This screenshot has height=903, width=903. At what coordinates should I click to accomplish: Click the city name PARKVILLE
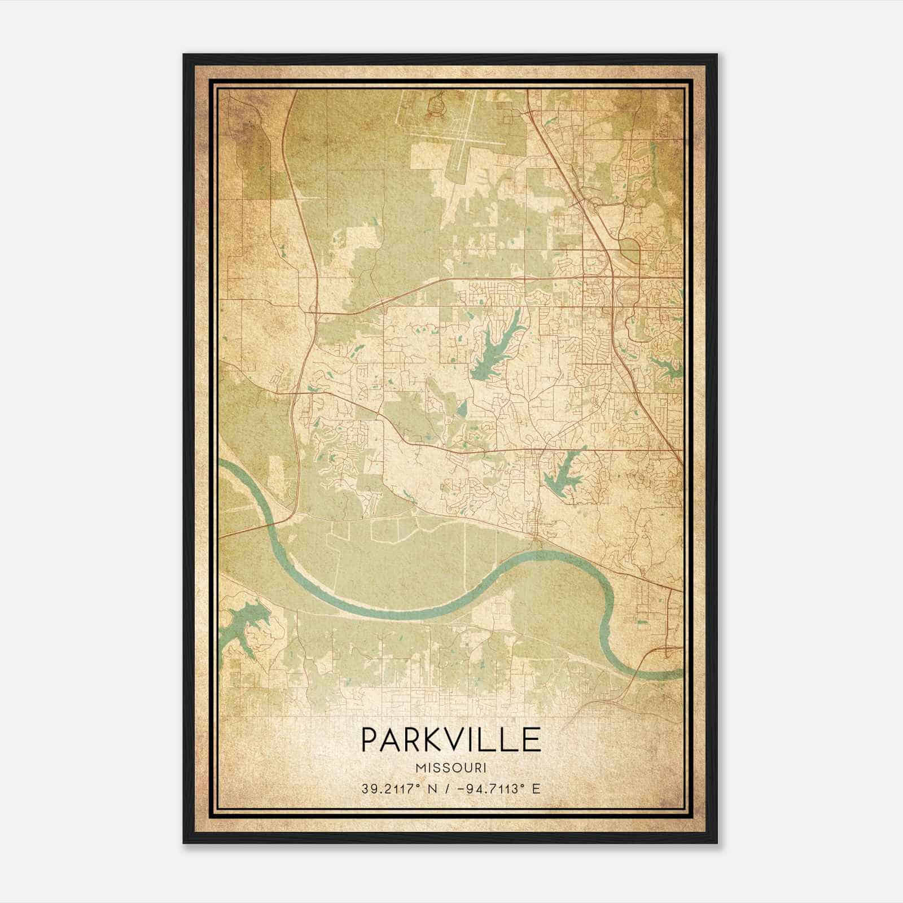(x=451, y=739)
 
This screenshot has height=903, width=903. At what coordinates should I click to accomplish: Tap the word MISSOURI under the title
(x=451, y=768)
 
